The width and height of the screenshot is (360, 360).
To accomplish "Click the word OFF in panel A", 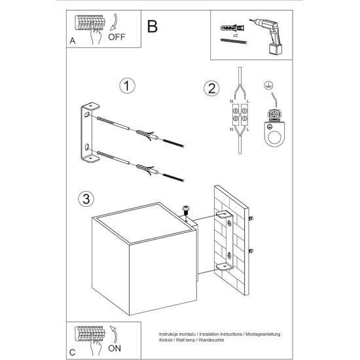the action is click(x=117, y=37).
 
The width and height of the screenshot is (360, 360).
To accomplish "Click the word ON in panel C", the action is click(x=115, y=348).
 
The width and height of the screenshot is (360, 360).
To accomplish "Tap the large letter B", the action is click(x=153, y=26).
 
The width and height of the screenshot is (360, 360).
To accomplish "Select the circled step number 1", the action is click(x=127, y=86).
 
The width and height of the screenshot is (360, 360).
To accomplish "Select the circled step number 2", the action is click(x=211, y=88).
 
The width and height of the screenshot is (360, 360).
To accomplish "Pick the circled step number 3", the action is click(x=86, y=199).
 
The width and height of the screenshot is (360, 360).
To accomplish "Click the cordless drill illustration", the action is click(x=268, y=37).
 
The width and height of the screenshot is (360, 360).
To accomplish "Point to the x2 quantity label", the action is click(x=235, y=35).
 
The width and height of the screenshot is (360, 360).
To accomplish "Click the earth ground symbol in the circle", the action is click(x=267, y=85).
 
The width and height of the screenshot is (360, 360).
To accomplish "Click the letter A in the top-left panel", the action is click(x=73, y=41).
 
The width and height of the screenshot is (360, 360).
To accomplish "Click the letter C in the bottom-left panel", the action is click(x=72, y=352).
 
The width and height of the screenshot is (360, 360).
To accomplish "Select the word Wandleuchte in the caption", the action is click(x=211, y=340).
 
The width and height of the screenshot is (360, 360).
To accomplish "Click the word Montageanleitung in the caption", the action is click(x=263, y=334).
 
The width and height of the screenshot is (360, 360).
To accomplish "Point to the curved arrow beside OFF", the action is click(x=114, y=22).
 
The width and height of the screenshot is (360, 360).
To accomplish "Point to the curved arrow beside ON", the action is click(x=114, y=334).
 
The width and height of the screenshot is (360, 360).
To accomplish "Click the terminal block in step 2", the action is click(x=240, y=115).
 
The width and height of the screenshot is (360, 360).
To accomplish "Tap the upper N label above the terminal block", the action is click(x=231, y=101).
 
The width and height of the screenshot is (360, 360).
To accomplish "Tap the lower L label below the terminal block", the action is click(x=247, y=130).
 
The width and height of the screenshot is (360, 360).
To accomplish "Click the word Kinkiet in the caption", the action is click(x=166, y=340).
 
